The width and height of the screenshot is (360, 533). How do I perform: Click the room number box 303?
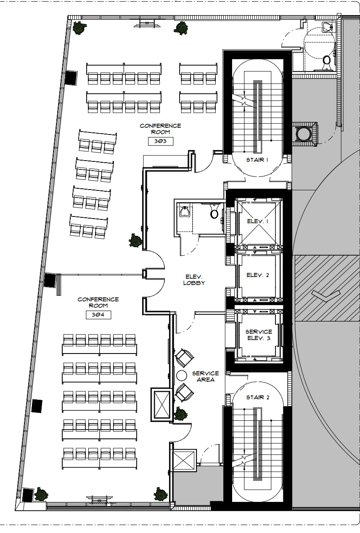pyautogui.click(x=161, y=141)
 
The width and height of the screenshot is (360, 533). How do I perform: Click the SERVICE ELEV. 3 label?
pyautogui.click(x=258, y=335)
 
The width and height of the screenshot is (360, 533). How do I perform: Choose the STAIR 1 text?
pyautogui.click(x=257, y=160)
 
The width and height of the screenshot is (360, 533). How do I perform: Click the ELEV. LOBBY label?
pyautogui.click(x=194, y=280)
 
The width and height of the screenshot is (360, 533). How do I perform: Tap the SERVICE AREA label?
pyautogui.click(x=205, y=376)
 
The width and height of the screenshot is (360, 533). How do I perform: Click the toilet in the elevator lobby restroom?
pyautogui.click(x=214, y=213)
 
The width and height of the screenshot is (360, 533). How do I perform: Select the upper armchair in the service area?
pyautogui.click(x=184, y=358)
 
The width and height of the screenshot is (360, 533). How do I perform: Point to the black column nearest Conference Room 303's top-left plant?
pyautogui.click(x=71, y=77)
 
